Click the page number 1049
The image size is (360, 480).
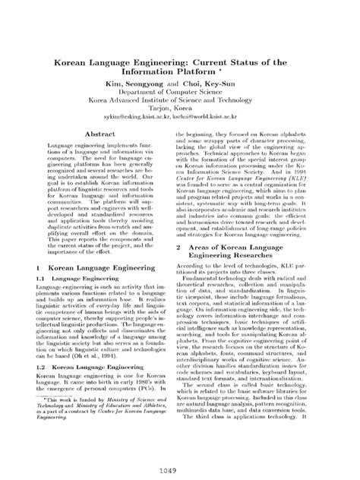(x=180, y=471)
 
